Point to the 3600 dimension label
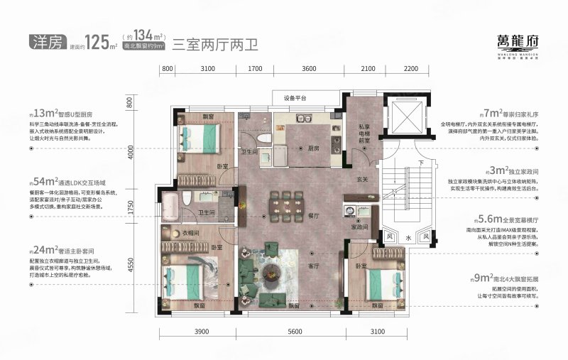click(x=308, y=68)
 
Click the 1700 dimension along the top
click(x=256, y=68)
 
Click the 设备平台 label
click(x=295, y=99)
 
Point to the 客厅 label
click(x=315, y=266)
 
